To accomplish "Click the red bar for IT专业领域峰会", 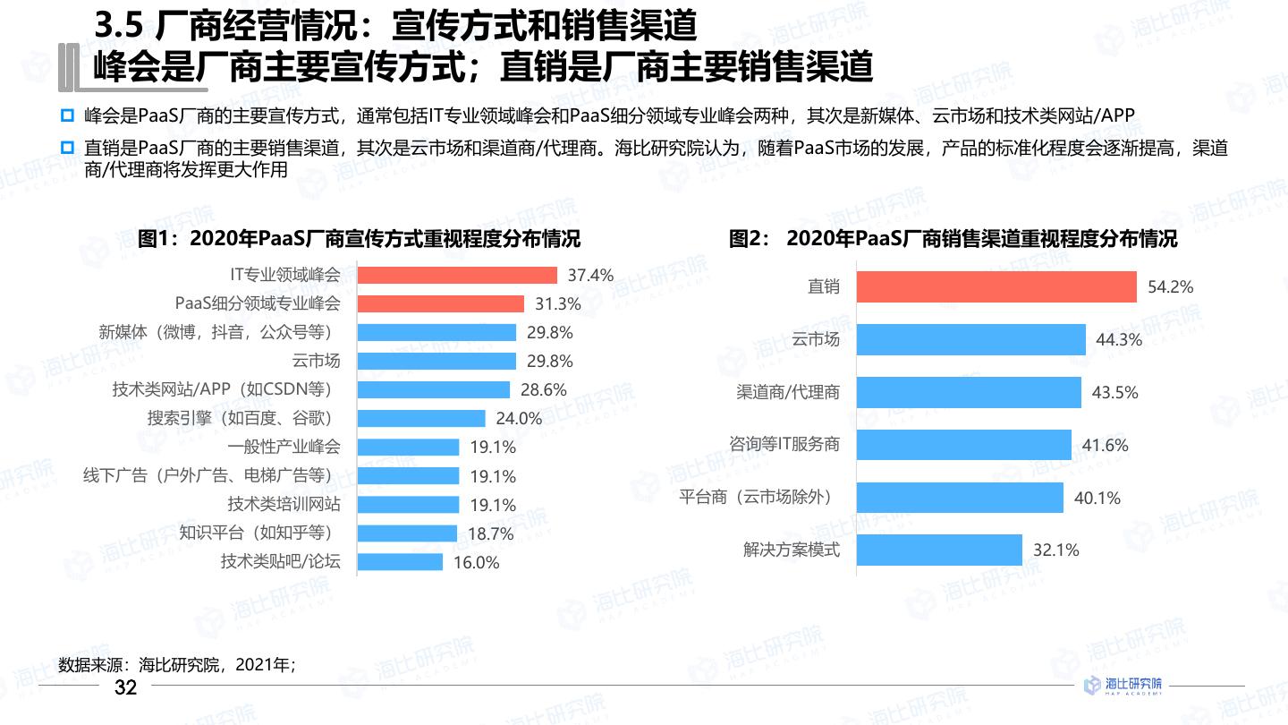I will tap(457, 275).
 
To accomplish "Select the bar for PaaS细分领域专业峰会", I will tap(440, 303).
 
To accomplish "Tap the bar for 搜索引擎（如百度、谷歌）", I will tap(421, 418).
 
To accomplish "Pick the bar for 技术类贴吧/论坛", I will tap(400, 562).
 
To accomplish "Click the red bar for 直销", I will tap(996, 287).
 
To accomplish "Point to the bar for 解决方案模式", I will tap(938, 550).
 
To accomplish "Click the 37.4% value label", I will tap(590, 276).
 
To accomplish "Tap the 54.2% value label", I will tap(1171, 287).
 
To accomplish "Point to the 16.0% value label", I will tap(477, 563).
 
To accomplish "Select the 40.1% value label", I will tap(1097, 498).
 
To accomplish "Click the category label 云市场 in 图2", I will tap(816, 340).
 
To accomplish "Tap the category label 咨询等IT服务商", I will tap(784, 445).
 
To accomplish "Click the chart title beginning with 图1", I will tap(360, 239).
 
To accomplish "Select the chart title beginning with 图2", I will tap(953, 239).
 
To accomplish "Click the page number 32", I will tap(126, 687).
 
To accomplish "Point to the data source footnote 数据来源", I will tap(176, 665).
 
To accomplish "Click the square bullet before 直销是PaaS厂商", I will tap(66, 148).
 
